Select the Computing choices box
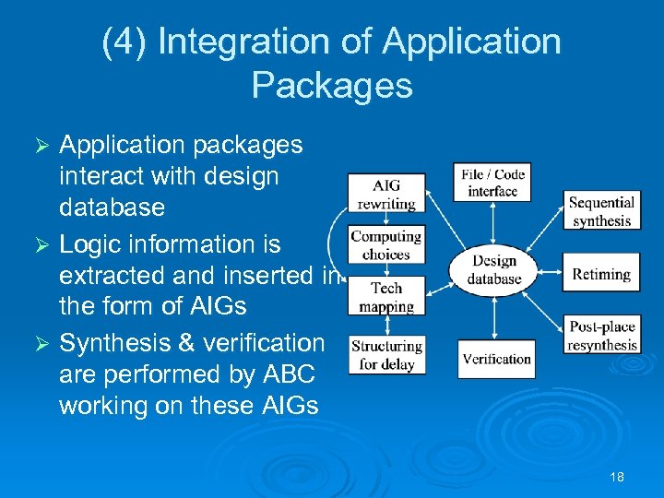coord(386,244)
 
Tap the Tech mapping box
coord(386,297)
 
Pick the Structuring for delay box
coord(386,355)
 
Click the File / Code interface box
coord(492,183)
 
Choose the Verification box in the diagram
coord(496,359)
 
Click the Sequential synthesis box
coord(601,211)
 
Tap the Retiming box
coord(601,274)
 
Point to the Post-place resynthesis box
coord(601,336)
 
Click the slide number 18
coord(617,477)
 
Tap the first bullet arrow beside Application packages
coord(40,147)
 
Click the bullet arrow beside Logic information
coord(40,246)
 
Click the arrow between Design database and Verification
coord(495,318)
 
